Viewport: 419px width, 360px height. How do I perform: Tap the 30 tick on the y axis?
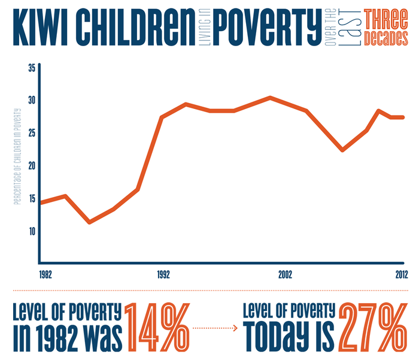pos(32,101)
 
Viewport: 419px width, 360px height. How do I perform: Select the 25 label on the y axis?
pos(32,133)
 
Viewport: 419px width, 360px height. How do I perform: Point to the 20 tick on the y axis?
pos(32,166)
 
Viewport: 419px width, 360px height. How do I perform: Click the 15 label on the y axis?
pos(32,199)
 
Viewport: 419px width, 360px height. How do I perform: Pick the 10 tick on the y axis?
pos(32,231)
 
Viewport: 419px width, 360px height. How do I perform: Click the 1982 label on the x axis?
pos(45,275)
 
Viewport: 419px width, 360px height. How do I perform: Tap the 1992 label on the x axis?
pos(163,275)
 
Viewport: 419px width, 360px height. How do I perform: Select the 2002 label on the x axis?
pos(285,275)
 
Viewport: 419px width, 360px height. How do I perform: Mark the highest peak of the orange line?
pos(271,97)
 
